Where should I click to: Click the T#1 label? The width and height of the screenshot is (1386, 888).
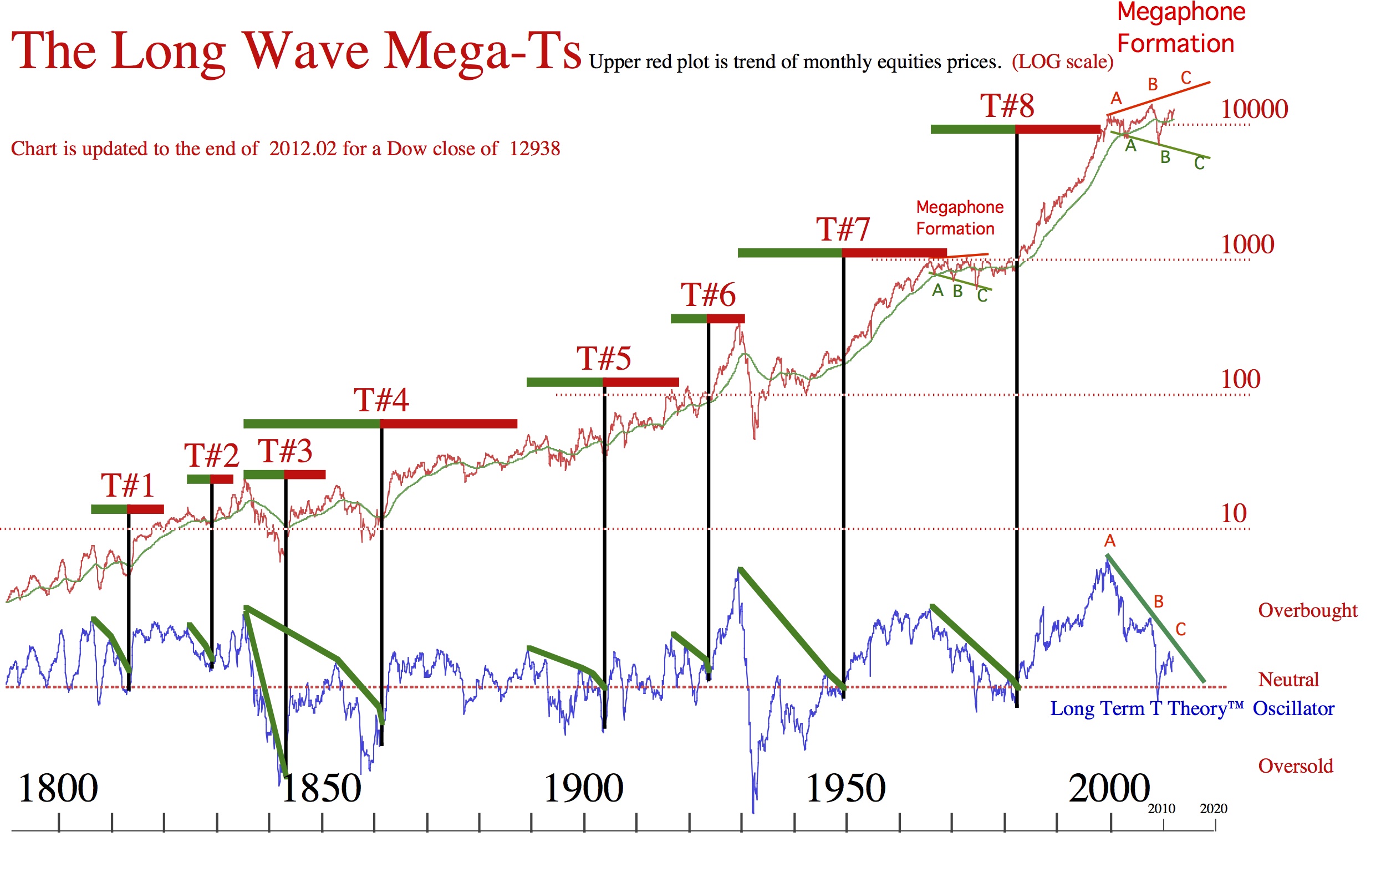pyautogui.click(x=128, y=486)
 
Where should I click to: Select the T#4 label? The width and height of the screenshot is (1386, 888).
pyautogui.click(x=381, y=400)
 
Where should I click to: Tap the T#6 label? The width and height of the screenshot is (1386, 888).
pyautogui.click(x=708, y=295)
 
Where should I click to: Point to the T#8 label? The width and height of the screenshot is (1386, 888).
pyautogui.click(x=1007, y=106)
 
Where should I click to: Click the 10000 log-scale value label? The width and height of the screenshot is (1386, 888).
pyautogui.click(x=1254, y=110)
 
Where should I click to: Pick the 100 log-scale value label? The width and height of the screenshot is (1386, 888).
pyautogui.click(x=1240, y=379)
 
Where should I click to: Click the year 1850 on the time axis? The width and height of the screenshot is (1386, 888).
pyautogui.click(x=321, y=788)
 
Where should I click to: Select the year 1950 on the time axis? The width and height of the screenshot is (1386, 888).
pyautogui.click(x=845, y=788)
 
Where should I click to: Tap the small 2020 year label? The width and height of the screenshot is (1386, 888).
pyautogui.click(x=1213, y=809)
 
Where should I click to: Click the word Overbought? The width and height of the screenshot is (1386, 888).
pyautogui.click(x=1308, y=611)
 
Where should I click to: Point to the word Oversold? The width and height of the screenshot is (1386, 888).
pyautogui.click(x=1296, y=767)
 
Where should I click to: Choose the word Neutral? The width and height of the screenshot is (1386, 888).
pyautogui.click(x=1288, y=680)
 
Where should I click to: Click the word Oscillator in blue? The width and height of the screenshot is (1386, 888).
pyautogui.click(x=1293, y=708)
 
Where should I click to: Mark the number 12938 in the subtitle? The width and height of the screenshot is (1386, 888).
pyautogui.click(x=534, y=149)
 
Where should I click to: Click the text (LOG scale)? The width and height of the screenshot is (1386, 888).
pyautogui.click(x=1062, y=62)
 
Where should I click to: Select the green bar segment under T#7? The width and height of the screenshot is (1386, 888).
pyautogui.click(x=789, y=253)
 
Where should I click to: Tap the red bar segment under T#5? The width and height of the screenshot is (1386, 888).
pyautogui.click(x=640, y=382)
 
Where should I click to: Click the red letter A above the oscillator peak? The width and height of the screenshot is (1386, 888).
pyautogui.click(x=1110, y=541)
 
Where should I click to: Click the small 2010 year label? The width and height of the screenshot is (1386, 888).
pyautogui.click(x=1161, y=809)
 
